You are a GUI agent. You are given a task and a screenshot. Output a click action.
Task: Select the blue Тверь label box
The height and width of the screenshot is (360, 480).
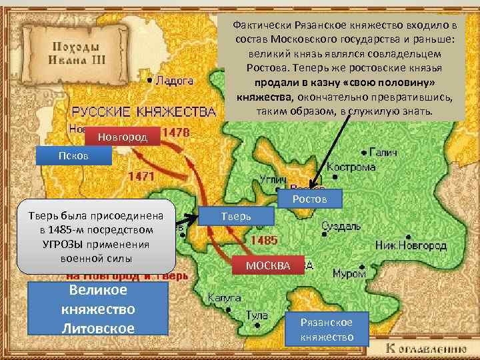pos(236,215)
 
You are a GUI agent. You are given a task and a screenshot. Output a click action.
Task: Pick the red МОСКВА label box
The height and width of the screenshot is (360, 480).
pos(268,265)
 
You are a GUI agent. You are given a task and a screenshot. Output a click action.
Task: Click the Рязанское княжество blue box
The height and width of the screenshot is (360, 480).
pos(326,329)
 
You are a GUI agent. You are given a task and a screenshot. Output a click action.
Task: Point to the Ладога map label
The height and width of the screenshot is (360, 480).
pos(174,81)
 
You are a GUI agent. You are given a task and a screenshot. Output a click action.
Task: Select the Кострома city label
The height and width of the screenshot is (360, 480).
pos(351,167)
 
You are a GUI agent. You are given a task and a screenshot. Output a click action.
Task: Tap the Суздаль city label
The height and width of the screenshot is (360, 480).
pos(341,226)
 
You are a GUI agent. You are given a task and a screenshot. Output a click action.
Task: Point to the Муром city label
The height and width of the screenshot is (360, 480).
pos(349,273)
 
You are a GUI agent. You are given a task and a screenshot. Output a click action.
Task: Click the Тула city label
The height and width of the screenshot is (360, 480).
pos(257,315)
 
